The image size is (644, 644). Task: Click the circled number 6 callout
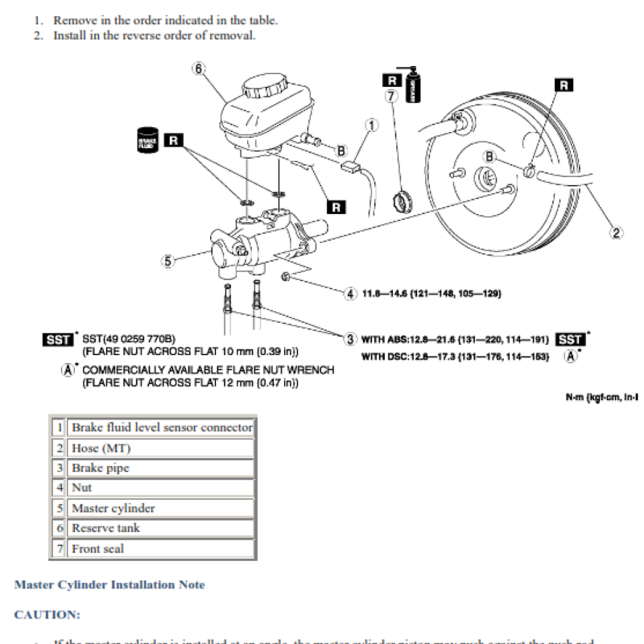[x=199, y=68]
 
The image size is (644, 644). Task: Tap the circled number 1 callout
[x=371, y=125]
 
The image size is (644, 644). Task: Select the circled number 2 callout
[x=617, y=233]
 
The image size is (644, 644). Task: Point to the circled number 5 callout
[x=167, y=261]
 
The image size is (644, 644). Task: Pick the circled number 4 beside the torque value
[x=350, y=293]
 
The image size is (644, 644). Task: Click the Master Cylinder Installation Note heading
[x=109, y=584]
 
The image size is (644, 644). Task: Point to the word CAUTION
[x=47, y=615]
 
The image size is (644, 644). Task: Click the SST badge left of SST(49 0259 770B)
[x=58, y=340]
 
